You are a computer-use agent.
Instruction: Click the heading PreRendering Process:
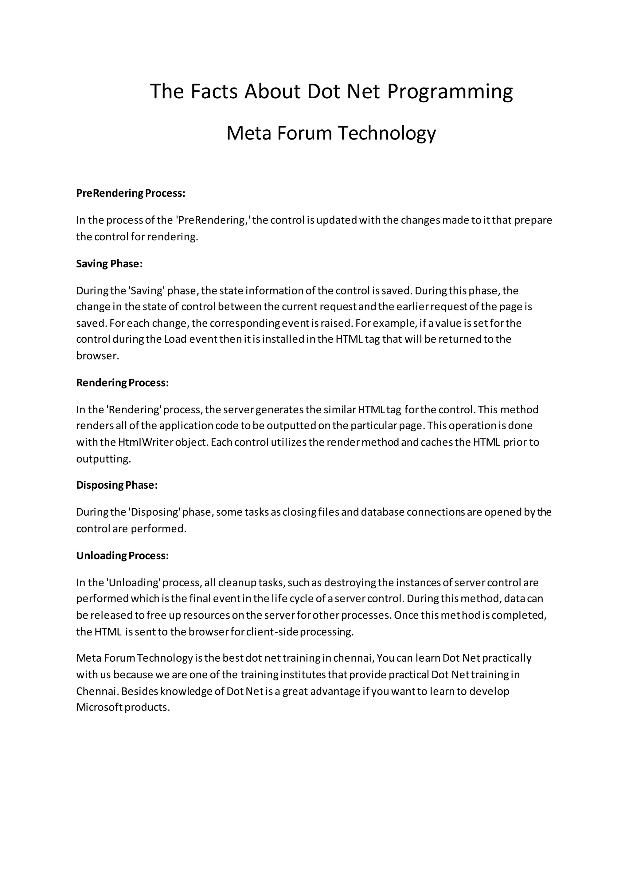[131, 193]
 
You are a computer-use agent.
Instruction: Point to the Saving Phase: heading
[110, 264]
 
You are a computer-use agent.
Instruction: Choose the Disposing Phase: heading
[117, 485]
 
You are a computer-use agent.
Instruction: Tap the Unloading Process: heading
[123, 555]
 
